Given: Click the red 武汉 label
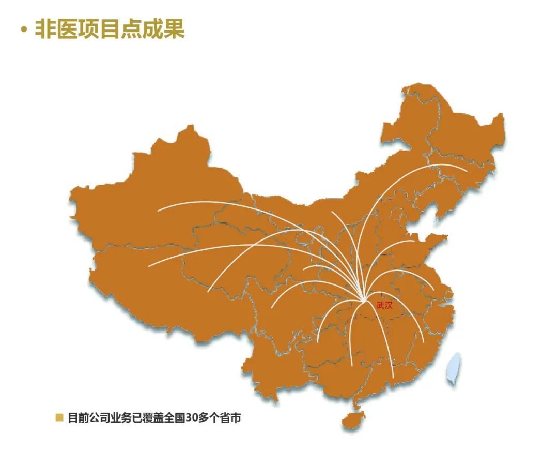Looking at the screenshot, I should point(384,305).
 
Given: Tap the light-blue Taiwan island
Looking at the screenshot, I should point(454,368).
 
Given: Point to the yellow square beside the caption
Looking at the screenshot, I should point(59,417).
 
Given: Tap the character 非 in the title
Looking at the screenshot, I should point(45,29).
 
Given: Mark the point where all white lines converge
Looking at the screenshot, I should point(364,300).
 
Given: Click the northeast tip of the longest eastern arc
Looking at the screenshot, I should point(467,170).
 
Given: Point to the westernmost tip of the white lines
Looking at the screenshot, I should point(149,266).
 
